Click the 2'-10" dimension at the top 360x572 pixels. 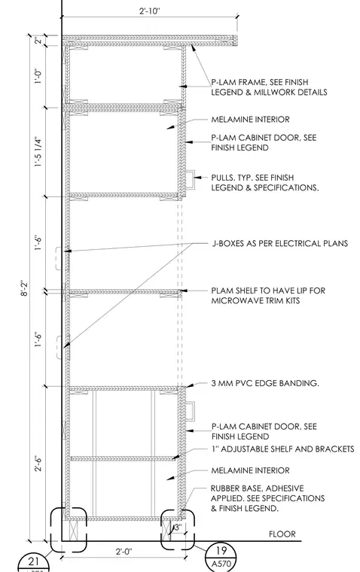[149, 11]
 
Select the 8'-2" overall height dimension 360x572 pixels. [24, 288]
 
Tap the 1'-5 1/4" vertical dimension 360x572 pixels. [38, 152]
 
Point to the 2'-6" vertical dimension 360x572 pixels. [38, 464]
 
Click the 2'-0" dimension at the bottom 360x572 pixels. [124, 551]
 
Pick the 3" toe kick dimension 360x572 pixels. [178, 527]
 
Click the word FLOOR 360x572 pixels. [282, 534]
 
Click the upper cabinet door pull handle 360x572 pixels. [191, 180]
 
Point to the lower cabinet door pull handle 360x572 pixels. [191, 411]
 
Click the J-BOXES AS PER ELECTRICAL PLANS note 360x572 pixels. [280, 243]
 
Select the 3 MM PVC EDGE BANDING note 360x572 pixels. [265, 383]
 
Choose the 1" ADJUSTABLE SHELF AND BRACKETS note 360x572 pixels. [282, 449]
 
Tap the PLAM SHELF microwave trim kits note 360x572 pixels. [268, 296]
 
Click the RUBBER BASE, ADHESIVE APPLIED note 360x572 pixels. [267, 498]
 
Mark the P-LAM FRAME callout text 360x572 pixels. [269, 87]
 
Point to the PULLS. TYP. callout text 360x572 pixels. [264, 182]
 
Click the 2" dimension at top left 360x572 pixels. [38, 41]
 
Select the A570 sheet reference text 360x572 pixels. [221, 564]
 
